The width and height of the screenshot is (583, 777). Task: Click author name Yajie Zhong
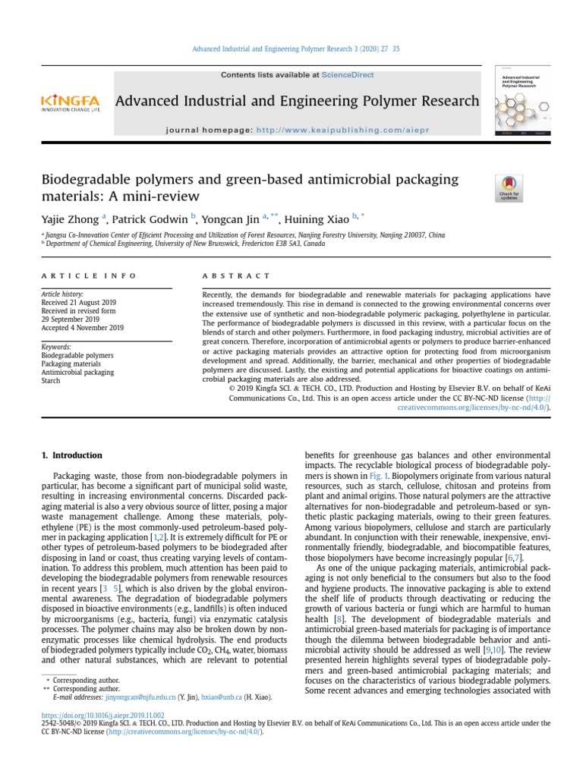tap(70, 219)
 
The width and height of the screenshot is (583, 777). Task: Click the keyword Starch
tap(50, 380)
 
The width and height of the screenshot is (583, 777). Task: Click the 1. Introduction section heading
tap(71, 455)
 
